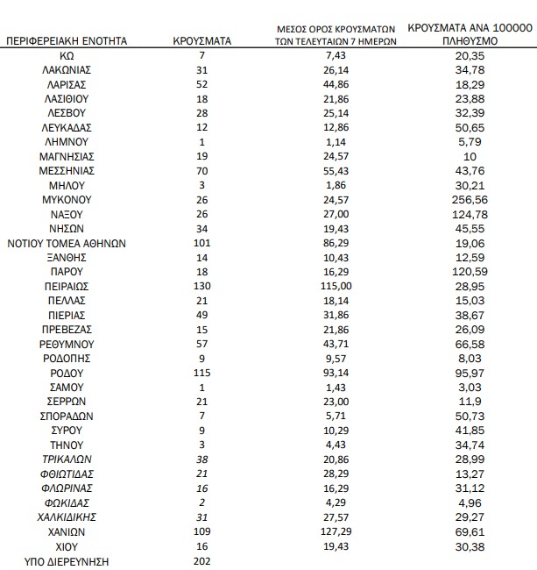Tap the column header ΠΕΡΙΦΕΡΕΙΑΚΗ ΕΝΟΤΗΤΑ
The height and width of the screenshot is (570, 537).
pos(67,41)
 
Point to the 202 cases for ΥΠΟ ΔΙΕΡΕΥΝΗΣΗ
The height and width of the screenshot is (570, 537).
pos(201,561)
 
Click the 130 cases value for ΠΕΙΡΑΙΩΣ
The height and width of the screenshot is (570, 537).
pos(201,287)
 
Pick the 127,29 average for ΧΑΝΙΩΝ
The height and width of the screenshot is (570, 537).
pos(337,531)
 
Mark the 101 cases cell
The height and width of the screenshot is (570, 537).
pos(201,243)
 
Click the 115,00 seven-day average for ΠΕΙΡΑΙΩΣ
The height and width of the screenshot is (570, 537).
pos(337,287)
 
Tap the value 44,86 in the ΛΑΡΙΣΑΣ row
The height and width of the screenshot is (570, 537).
pos(337,84)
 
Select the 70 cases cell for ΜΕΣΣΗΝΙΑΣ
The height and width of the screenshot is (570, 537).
pos(201,171)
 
